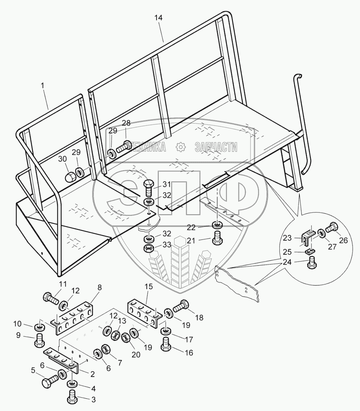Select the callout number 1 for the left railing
click(43, 86)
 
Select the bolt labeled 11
click(50, 297)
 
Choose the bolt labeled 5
click(50, 380)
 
